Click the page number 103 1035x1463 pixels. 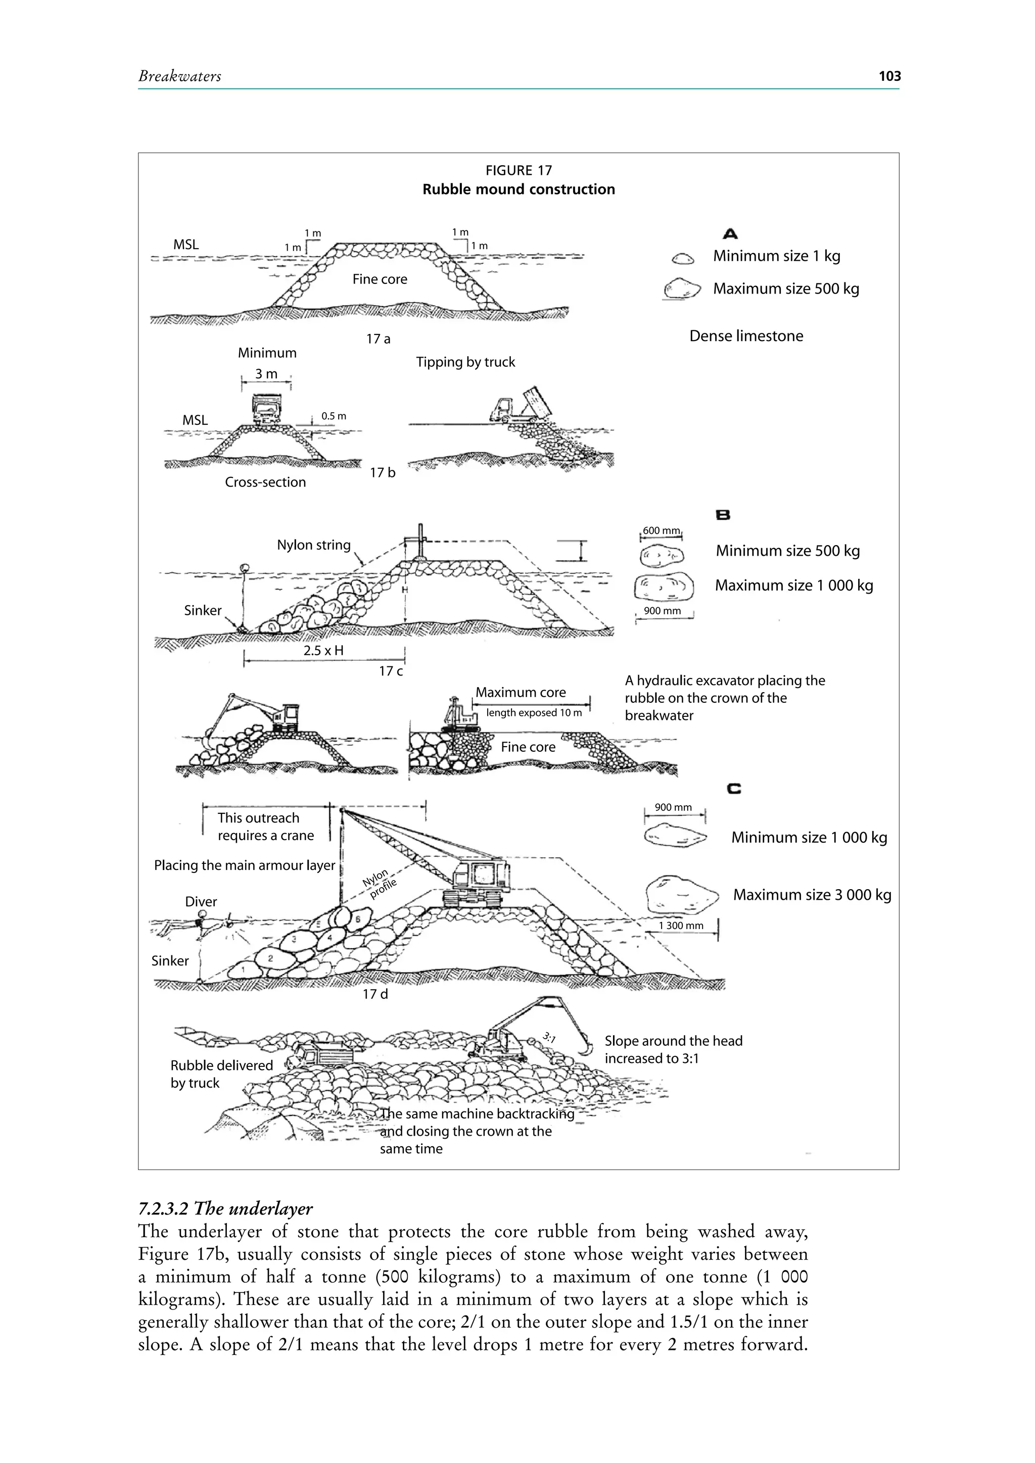point(889,76)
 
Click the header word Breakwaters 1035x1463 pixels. point(180,76)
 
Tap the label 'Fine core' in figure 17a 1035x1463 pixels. point(380,279)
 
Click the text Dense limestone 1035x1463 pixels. point(746,336)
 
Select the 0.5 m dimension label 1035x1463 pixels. point(334,416)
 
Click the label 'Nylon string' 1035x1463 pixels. point(313,545)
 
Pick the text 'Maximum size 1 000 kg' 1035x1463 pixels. point(793,586)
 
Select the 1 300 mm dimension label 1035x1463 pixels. point(681,926)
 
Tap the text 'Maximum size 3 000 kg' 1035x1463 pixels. point(812,895)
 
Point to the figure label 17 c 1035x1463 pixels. point(391,671)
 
